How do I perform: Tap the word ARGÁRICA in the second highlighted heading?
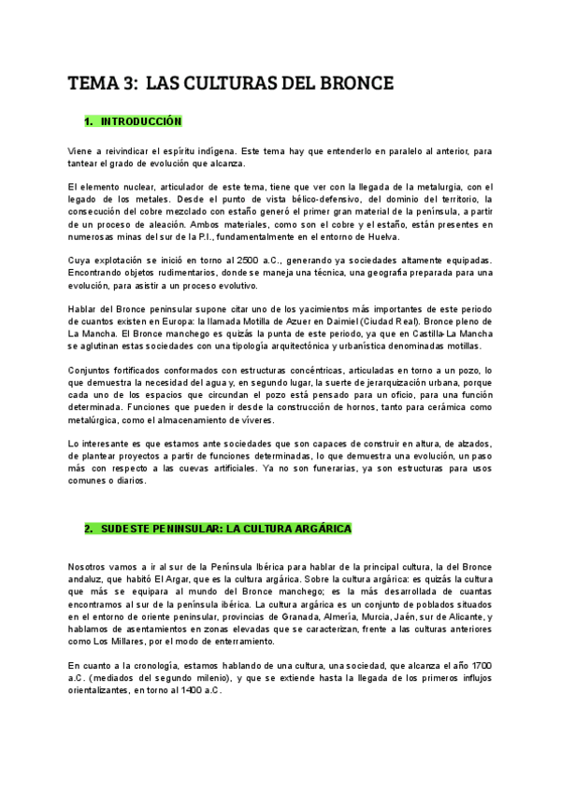pos(317,529)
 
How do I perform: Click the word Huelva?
pos(380,236)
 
